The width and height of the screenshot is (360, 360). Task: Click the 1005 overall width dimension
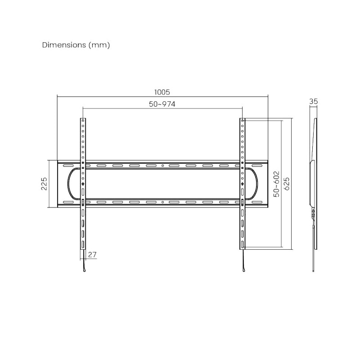(x=162, y=92)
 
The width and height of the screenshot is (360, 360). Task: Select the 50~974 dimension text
(x=162, y=104)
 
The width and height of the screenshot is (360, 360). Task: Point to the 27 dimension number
(x=92, y=255)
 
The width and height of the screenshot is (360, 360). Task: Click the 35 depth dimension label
(x=314, y=102)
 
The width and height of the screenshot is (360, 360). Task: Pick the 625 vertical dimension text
(x=287, y=184)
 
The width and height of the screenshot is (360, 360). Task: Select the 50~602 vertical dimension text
(x=276, y=184)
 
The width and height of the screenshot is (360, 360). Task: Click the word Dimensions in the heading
(x=63, y=45)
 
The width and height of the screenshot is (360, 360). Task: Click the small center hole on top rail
(x=162, y=166)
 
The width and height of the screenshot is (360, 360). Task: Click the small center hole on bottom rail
(x=162, y=202)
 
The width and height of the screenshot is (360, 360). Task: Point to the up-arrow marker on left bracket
(x=83, y=184)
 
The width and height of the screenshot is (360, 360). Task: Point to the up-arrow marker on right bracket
(x=243, y=184)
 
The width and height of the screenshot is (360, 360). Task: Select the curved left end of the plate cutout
(x=68, y=184)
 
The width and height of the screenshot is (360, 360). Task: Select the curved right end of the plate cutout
(x=257, y=184)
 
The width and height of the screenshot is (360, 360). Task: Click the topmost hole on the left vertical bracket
(x=83, y=121)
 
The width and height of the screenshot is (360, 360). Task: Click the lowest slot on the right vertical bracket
(x=243, y=244)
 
